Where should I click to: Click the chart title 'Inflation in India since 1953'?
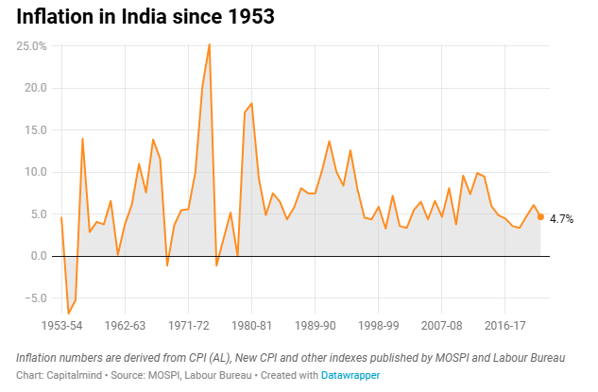pyautogui.click(x=145, y=17)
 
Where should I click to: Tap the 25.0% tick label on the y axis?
pyautogui.click(x=31, y=46)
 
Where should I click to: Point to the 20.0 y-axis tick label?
pyautogui.click(x=36, y=88)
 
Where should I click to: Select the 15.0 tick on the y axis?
pyautogui.click(x=36, y=130)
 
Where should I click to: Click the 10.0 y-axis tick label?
pyautogui.click(x=36, y=172)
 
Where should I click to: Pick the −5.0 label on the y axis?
pyautogui.click(x=36, y=298)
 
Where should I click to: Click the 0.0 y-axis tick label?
pyautogui.click(x=39, y=256)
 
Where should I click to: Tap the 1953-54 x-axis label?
pyautogui.click(x=61, y=326)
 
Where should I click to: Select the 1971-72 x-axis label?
pyautogui.click(x=188, y=326)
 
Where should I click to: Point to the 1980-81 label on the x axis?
pyautogui.click(x=251, y=326)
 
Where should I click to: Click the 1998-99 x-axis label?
pyautogui.click(x=378, y=326)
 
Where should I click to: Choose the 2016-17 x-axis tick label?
pyautogui.click(x=504, y=326)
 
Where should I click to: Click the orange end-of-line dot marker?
pyautogui.click(x=540, y=216)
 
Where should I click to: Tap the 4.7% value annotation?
pyautogui.click(x=561, y=219)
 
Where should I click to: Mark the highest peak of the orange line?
pyautogui.click(x=210, y=44)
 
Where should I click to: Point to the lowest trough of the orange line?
pyautogui.click(x=69, y=314)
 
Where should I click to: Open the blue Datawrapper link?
pyautogui.click(x=350, y=375)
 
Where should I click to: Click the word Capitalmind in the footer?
pyautogui.click(x=75, y=375)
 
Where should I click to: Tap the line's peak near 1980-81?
pyautogui.click(x=251, y=103)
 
